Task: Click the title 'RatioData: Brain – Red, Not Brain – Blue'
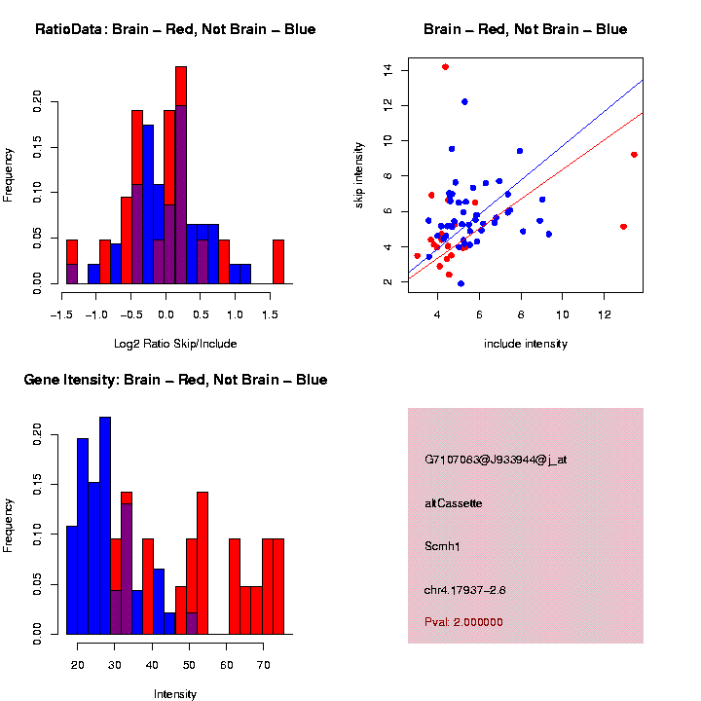175,29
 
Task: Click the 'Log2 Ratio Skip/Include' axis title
175,344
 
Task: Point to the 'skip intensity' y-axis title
359,172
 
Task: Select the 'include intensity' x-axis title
526,344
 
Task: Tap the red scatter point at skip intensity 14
445,67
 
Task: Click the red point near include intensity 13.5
634,155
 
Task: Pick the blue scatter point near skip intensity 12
464,102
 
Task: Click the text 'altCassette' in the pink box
453,503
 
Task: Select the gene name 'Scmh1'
442,546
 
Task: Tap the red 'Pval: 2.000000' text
463,621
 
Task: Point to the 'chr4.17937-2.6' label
464,589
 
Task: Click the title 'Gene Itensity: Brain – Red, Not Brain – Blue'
175,380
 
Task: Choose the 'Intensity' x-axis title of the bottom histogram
175,694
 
